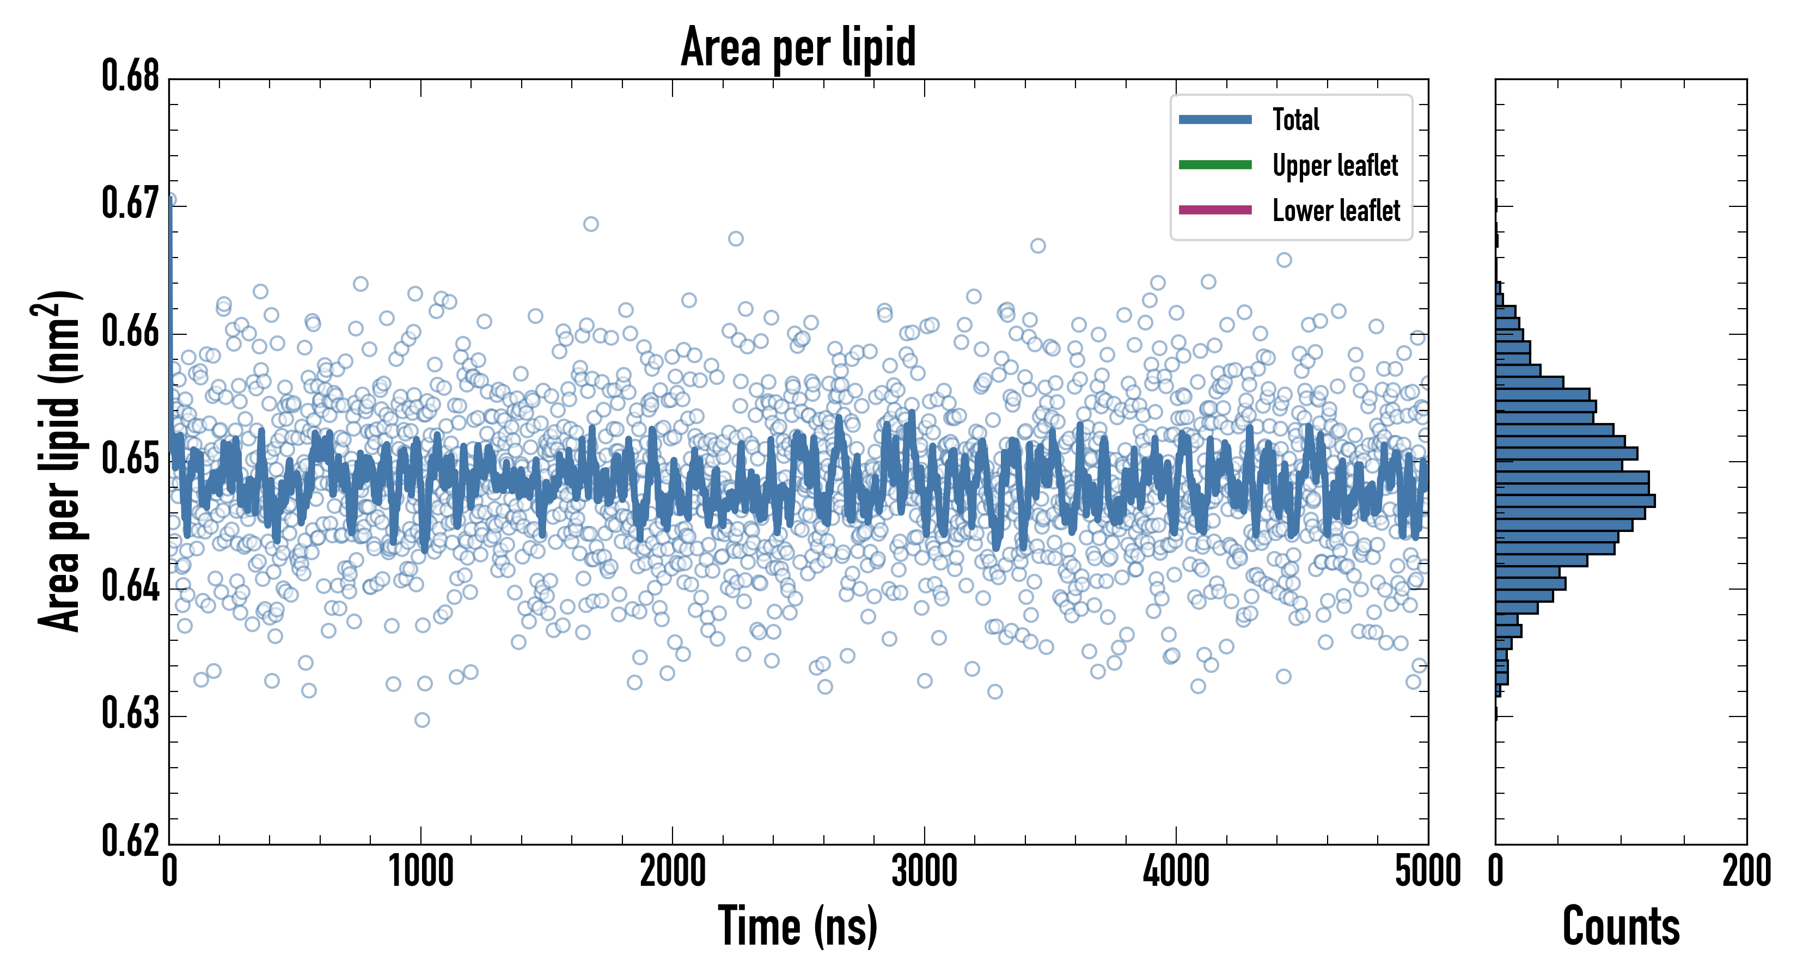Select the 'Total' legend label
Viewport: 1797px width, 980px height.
pos(1295,119)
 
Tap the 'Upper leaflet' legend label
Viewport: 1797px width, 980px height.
pos(1335,166)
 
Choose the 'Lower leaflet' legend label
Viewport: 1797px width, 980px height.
pos(1336,211)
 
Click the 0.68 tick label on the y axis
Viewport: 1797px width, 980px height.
pos(131,76)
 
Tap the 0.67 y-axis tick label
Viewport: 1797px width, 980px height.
pos(131,204)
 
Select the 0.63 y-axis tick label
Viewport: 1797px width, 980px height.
pos(131,714)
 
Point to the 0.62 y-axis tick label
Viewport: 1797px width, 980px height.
pos(131,841)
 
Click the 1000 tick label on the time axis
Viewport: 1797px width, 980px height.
pos(420,872)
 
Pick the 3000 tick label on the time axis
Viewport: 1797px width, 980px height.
pos(924,872)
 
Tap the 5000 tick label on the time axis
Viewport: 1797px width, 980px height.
pos(1427,872)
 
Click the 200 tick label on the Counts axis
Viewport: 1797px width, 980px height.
pos(1746,872)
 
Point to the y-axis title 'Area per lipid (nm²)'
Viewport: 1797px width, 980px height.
pos(59,461)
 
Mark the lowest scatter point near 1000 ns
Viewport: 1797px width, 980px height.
pos(422,720)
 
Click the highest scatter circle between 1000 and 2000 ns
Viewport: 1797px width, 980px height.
pos(591,224)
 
